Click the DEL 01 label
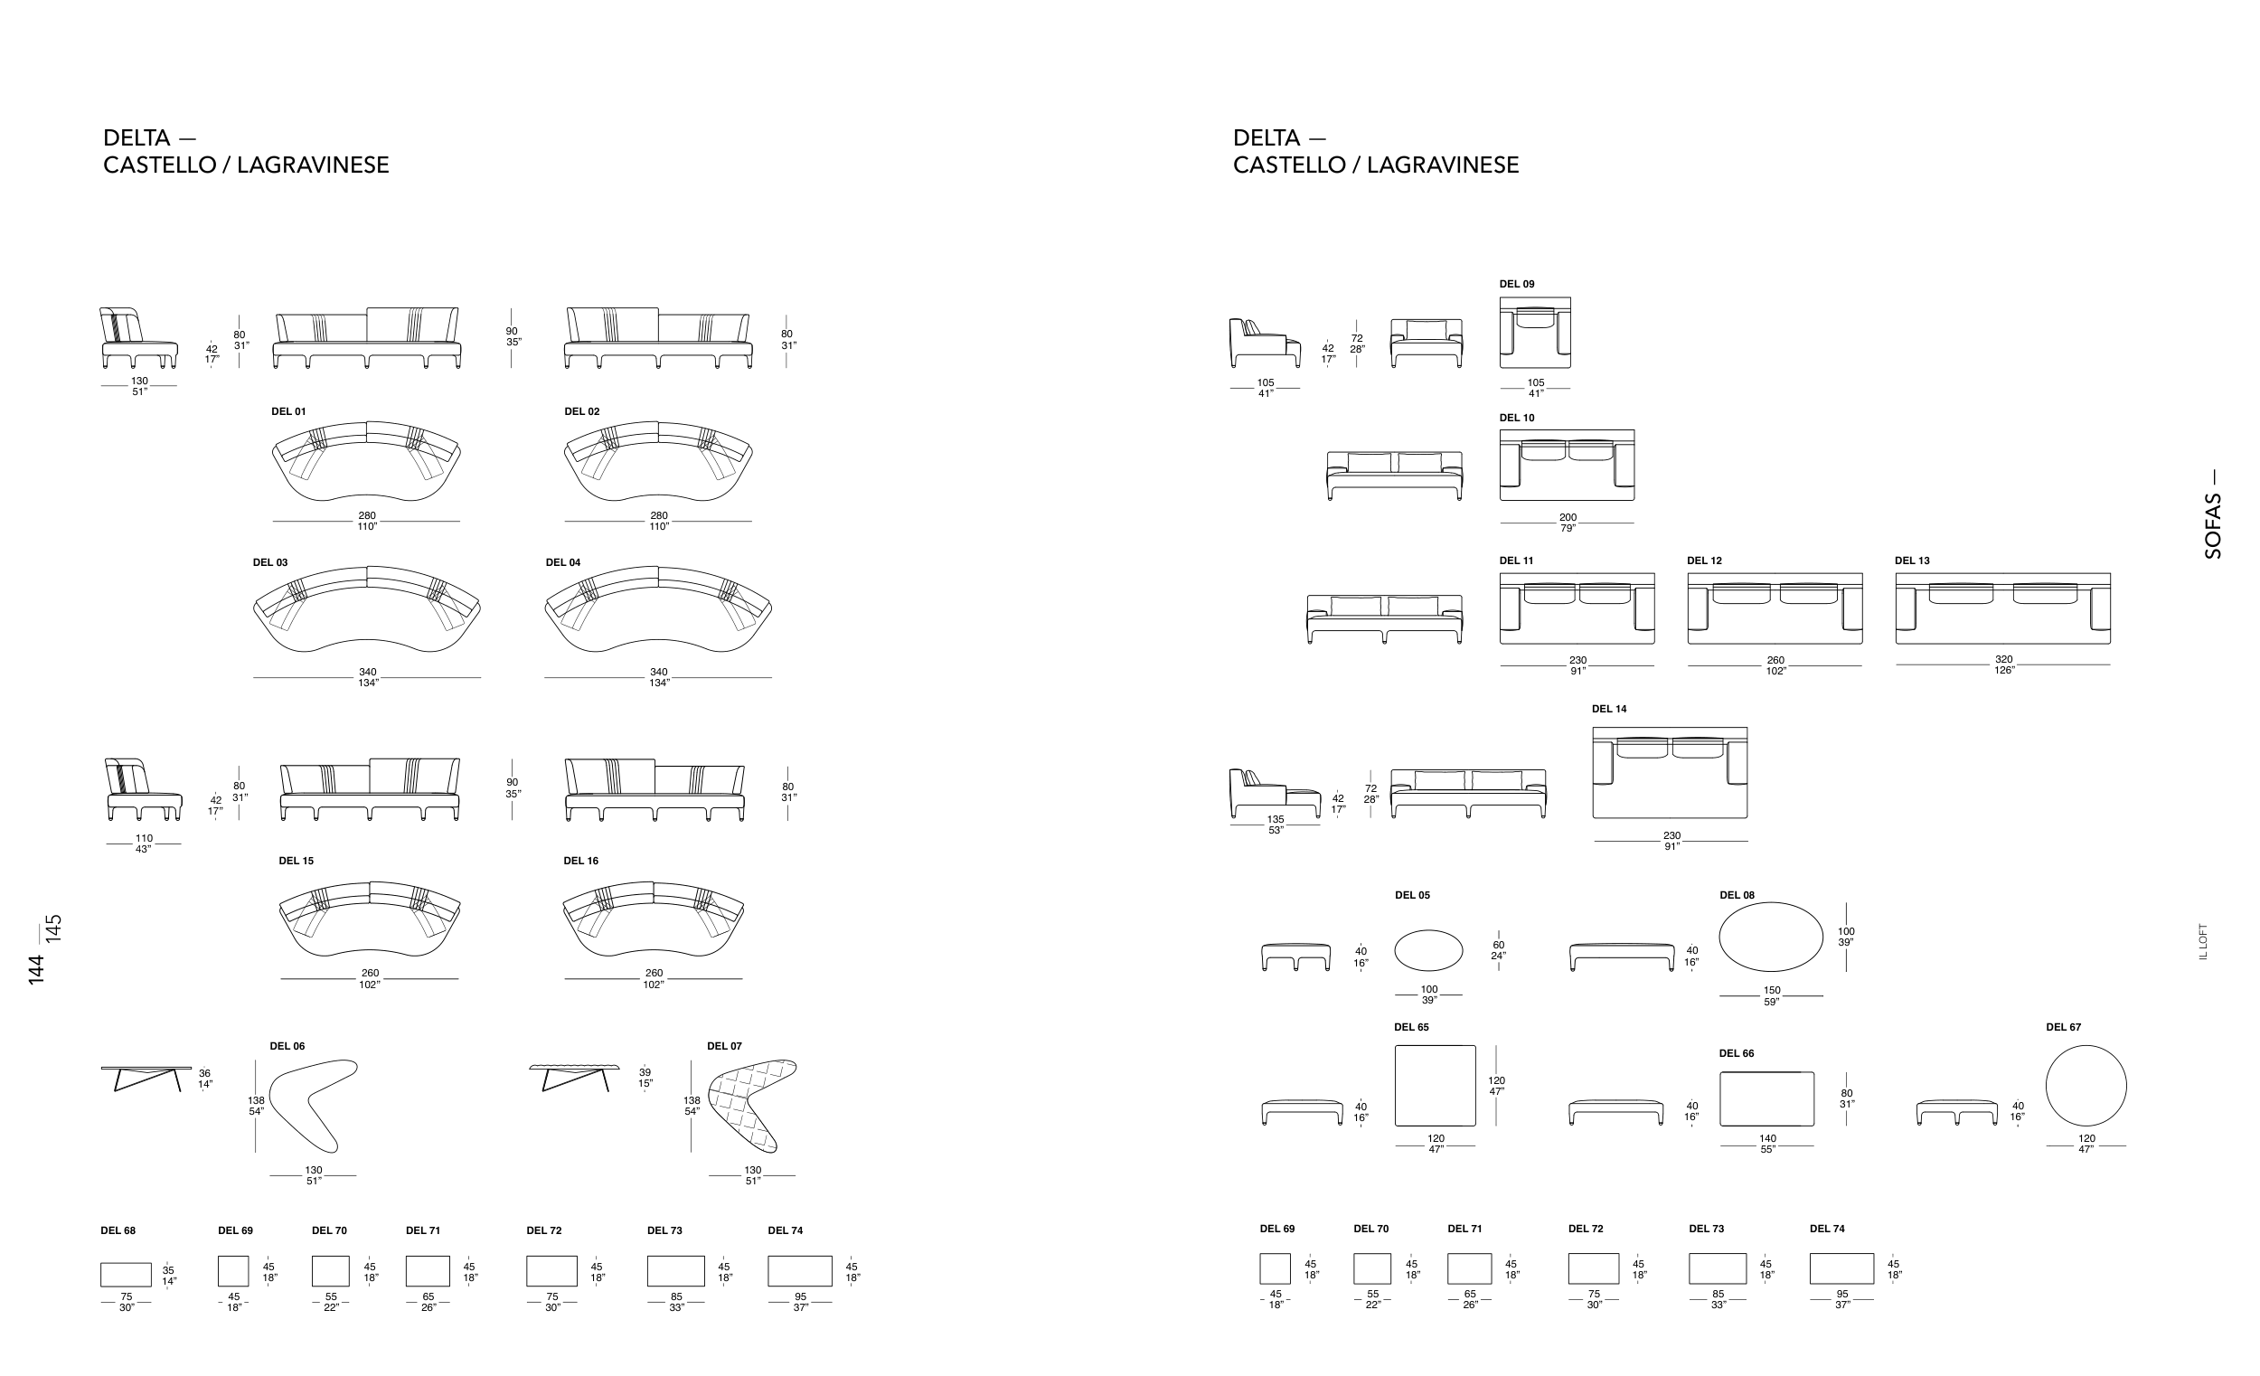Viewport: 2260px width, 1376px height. tap(288, 412)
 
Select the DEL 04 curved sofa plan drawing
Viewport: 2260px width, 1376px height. tap(657, 610)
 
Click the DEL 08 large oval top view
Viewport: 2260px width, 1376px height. tap(1771, 937)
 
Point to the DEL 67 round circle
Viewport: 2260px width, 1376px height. tap(2086, 1085)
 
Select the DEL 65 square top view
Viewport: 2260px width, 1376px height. tap(1436, 1085)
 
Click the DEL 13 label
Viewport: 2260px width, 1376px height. tap(1912, 561)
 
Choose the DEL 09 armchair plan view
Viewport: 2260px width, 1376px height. tap(1535, 332)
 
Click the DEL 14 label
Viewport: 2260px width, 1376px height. tap(1609, 709)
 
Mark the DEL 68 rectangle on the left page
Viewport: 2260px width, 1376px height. tap(126, 1275)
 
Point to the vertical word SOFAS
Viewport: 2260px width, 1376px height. tap(2212, 526)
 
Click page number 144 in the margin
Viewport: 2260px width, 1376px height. tap(36, 970)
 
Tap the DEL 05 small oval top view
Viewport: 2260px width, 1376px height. tap(1429, 950)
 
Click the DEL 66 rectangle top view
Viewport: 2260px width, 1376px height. tap(1766, 1099)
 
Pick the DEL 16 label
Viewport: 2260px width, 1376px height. tap(580, 862)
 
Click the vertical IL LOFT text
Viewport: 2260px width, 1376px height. tap(2203, 942)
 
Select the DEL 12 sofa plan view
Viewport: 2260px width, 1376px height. tap(1775, 609)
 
